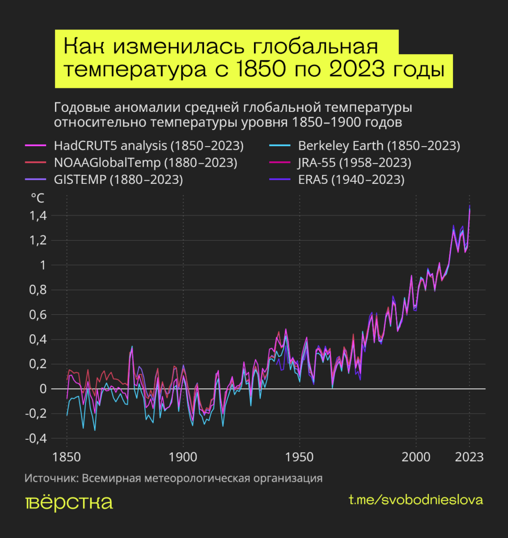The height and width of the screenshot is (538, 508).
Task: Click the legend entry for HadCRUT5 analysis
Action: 149,146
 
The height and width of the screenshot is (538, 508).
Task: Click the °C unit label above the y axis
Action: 38,199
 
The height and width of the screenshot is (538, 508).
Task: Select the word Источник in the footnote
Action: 50,479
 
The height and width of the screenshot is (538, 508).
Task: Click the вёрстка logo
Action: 69,502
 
